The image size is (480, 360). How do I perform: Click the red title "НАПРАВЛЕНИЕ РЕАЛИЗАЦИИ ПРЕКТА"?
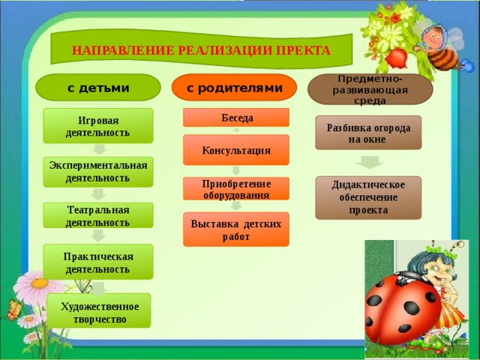coord(201,50)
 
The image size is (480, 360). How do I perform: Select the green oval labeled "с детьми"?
coord(98,87)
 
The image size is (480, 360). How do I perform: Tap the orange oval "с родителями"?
coord(234,87)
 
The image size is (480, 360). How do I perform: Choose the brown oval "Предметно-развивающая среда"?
coord(370,89)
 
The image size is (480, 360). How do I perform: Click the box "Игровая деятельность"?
coord(98,126)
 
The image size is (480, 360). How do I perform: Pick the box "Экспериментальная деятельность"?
coord(98,172)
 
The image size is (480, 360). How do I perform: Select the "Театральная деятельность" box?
coord(98,215)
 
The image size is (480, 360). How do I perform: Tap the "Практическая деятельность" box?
coord(98,262)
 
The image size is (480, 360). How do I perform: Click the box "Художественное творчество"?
coord(99,310)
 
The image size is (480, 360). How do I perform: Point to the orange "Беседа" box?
coord(236,117)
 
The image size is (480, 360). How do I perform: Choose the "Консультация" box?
coord(236,150)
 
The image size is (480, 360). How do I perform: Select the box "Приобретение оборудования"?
coord(236,188)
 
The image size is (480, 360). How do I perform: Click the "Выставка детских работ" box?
coord(236,229)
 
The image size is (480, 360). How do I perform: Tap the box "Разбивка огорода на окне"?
coord(368,133)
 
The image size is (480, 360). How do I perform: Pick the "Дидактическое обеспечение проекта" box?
coord(368,198)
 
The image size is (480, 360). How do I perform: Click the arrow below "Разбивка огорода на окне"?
coord(370,163)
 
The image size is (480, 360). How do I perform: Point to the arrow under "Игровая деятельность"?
coord(100,149)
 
